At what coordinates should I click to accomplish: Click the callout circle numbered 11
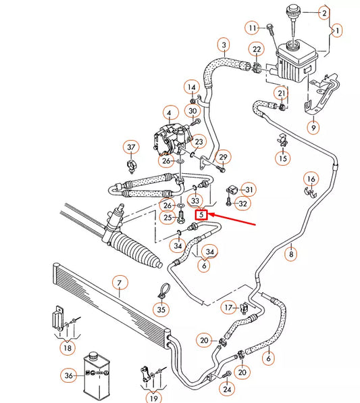tap(253, 28)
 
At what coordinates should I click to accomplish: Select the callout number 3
tap(222, 45)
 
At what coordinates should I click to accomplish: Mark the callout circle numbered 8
tap(291, 255)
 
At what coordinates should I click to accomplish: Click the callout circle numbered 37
tap(132, 147)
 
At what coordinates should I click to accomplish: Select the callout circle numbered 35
tap(160, 310)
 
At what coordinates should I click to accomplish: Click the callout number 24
tap(227, 389)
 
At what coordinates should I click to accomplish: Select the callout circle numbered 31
tap(249, 189)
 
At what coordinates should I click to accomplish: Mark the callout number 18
tap(66, 348)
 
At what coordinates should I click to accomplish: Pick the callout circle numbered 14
tap(192, 88)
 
